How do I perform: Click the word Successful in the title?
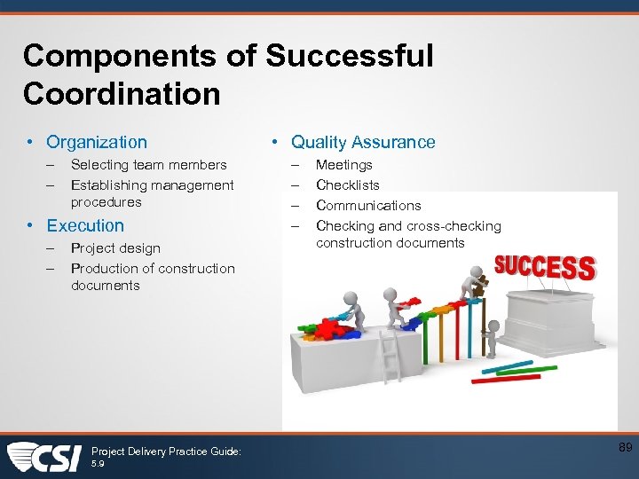[349, 56]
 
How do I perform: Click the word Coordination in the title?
[122, 93]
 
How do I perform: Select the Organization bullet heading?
[97, 142]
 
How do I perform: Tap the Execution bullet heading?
[85, 225]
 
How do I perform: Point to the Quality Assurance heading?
[363, 142]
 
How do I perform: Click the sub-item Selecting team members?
[148, 165]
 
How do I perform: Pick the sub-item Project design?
[115, 248]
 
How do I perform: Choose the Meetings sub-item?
[344, 165]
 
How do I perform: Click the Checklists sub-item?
[348, 185]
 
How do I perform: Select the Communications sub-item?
[368, 206]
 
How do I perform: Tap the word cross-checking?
[454, 226]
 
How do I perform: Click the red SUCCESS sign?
[544, 266]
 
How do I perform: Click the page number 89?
[625, 449]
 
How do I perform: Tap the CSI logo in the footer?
[44, 457]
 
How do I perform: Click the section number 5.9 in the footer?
[98, 464]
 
